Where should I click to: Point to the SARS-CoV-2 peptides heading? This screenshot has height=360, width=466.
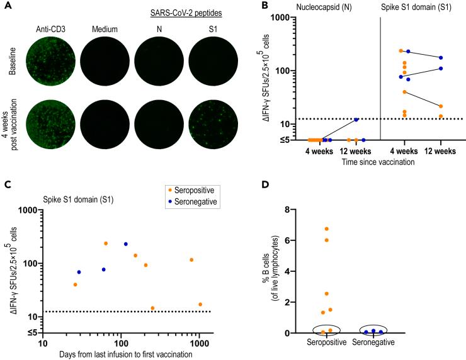click(176, 14)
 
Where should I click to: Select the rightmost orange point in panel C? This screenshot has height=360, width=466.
click(200, 304)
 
